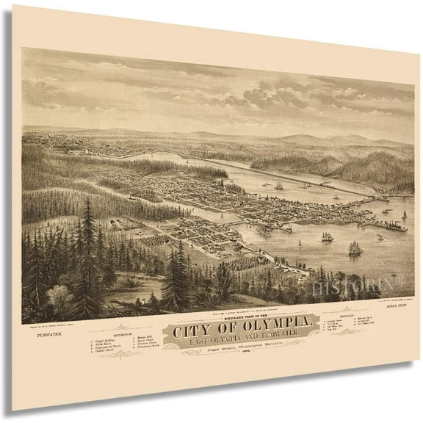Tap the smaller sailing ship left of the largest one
[325, 236]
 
